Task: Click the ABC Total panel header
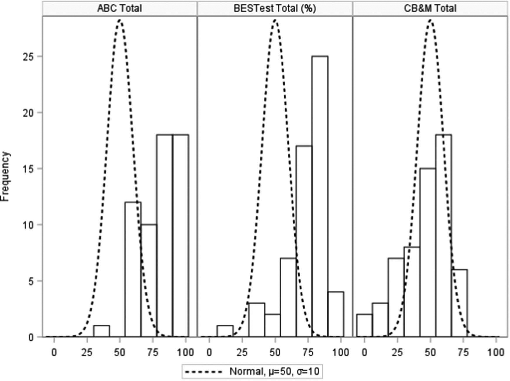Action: tap(120, 8)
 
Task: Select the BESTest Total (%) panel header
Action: tap(275, 8)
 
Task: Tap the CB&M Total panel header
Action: tap(430, 8)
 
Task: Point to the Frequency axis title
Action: tap(5, 176)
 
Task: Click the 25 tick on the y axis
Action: tap(28, 56)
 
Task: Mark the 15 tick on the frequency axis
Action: tap(28, 169)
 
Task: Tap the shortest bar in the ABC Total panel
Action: tap(101, 331)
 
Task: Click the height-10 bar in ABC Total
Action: tap(149, 280)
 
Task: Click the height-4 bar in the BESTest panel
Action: tap(335, 314)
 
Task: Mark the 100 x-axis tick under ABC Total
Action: tap(185, 353)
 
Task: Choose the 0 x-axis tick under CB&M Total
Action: tap(364, 353)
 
